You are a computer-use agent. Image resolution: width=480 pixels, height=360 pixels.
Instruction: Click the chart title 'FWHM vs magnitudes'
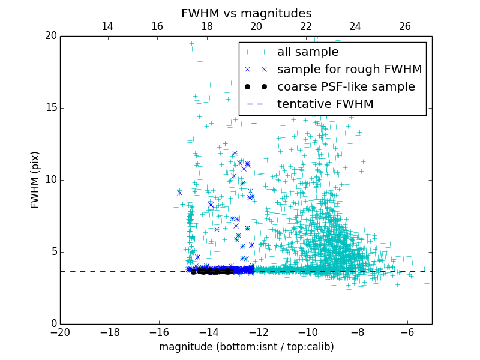click(246, 13)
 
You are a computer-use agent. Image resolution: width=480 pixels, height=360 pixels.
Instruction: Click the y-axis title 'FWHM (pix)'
click(35, 179)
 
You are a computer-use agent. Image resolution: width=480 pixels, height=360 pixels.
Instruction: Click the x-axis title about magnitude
click(246, 347)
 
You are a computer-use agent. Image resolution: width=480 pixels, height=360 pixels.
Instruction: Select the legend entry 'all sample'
click(307, 52)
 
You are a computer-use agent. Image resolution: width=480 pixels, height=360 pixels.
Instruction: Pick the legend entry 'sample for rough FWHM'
click(349, 70)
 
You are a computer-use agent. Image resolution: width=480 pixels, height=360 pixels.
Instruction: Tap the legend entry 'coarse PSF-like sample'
click(346, 87)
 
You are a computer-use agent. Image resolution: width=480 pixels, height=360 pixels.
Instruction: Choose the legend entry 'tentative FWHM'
click(325, 104)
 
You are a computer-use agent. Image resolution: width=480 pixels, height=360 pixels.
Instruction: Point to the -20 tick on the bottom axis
click(60, 332)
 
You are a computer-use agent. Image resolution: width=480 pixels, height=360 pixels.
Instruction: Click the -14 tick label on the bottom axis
click(209, 332)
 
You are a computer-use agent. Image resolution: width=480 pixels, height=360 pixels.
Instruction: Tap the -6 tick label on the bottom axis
click(407, 332)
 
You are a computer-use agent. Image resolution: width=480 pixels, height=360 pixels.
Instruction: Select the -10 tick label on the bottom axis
click(308, 332)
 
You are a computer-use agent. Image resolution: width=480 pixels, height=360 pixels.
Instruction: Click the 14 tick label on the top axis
click(107, 26)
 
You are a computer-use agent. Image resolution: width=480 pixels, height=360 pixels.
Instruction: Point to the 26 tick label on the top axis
click(405, 26)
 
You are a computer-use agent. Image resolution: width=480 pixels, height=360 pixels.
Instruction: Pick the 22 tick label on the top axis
click(306, 26)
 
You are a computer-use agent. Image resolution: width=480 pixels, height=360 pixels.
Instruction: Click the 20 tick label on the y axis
click(50, 36)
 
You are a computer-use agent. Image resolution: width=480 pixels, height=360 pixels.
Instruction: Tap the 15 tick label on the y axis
click(50, 108)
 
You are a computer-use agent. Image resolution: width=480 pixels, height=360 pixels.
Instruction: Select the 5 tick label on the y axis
click(53, 252)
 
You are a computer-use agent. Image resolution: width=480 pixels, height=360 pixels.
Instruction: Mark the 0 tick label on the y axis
click(53, 324)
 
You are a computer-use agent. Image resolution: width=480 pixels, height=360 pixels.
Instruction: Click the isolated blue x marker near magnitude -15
click(179, 193)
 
